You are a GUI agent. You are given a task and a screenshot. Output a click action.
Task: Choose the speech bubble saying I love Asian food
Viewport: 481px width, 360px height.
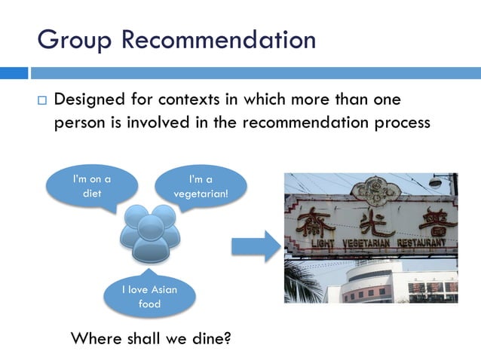tap(149, 296)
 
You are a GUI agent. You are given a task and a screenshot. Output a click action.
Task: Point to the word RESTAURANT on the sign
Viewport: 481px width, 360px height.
tap(428, 243)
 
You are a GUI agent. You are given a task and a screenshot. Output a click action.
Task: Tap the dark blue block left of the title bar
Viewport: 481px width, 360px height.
tap(14, 73)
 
